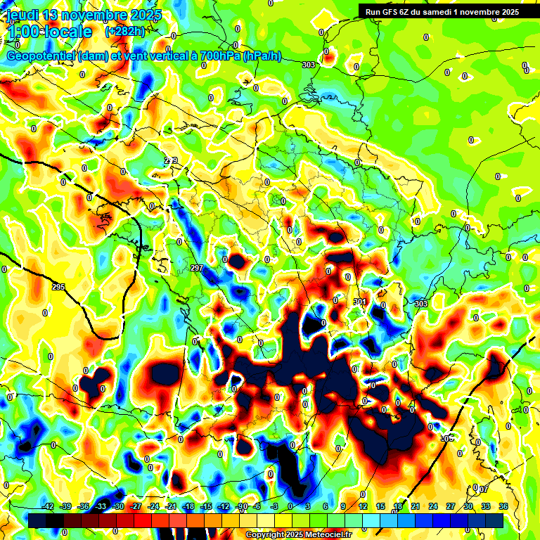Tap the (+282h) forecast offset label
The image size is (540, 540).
pyautogui.click(x=124, y=32)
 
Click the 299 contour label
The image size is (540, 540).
pyautogui.click(x=171, y=161)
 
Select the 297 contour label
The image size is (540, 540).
pyautogui.click(x=197, y=269)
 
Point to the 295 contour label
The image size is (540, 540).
pyautogui.click(x=58, y=287)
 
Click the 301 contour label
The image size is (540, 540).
pyautogui.click(x=360, y=302)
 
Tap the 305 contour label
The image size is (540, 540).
pyautogui.click(x=444, y=438)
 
